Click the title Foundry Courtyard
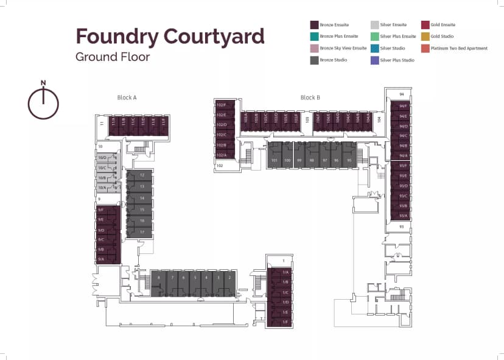coord(170,36)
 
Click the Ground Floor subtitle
coord(113,57)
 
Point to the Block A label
coord(127,97)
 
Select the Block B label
coord(310,97)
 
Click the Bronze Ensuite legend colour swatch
coord(314,25)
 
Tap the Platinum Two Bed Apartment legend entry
coord(458,48)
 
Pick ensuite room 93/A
coord(403,216)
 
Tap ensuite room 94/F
coord(403,106)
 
